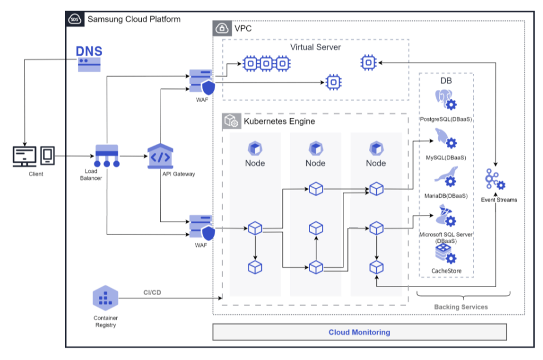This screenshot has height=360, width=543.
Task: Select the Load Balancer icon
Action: (107, 155)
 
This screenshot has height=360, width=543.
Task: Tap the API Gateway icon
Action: (160, 156)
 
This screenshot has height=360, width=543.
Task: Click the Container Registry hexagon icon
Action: (105, 299)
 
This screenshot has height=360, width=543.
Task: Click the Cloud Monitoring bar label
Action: (359, 332)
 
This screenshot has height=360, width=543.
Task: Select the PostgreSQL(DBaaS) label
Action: (446, 119)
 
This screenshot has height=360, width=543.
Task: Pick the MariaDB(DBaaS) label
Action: (446, 196)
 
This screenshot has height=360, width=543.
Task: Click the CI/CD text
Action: (153, 291)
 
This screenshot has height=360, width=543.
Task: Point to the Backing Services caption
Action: (461, 307)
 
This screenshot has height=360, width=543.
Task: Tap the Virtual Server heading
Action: (315, 47)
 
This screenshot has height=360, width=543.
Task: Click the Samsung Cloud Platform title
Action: (133, 19)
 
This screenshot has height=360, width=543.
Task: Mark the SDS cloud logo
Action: (75, 19)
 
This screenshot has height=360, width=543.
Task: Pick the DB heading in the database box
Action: (446, 80)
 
